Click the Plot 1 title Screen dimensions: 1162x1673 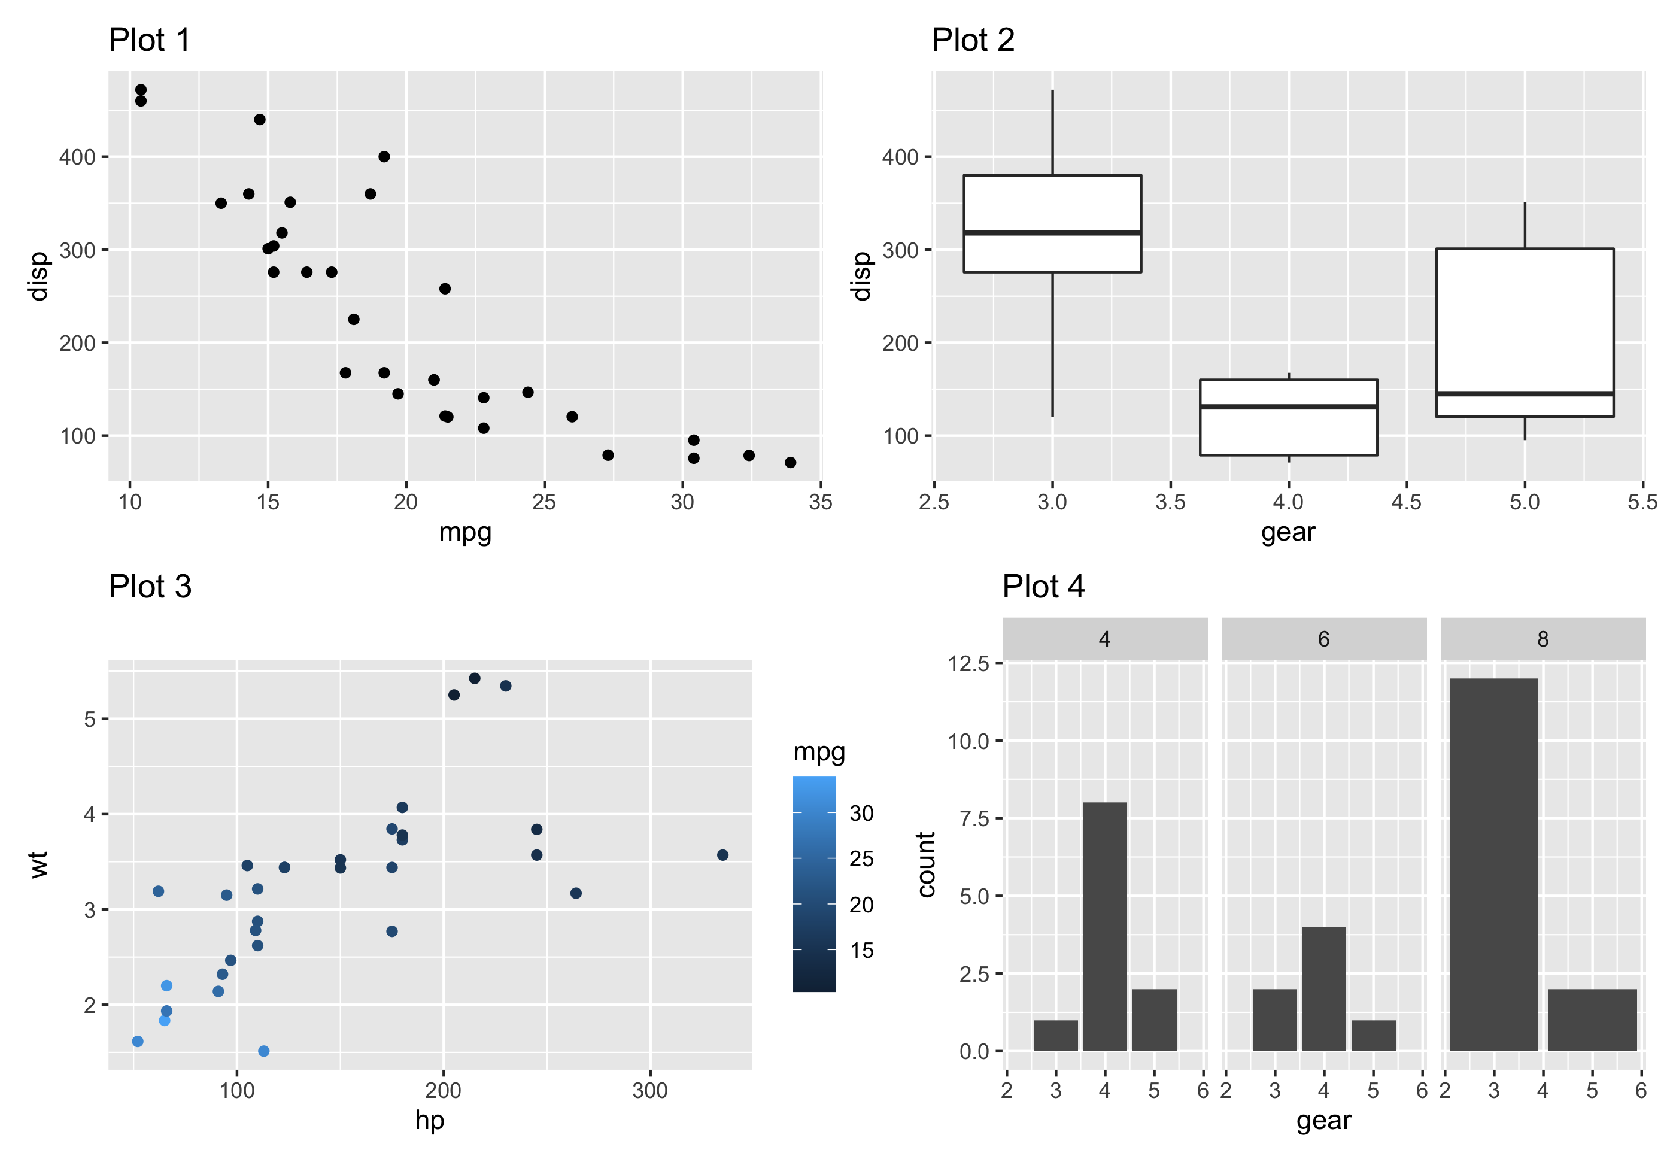pyautogui.click(x=149, y=40)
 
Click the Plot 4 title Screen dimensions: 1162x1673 pyautogui.click(x=1043, y=586)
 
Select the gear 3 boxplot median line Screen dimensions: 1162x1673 pyautogui.click(x=1052, y=232)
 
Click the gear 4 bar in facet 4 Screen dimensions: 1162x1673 pyautogui.click(x=1104, y=926)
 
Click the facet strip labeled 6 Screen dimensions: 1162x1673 pyautogui.click(x=1323, y=639)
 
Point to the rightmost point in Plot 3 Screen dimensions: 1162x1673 pyautogui.click(x=722, y=855)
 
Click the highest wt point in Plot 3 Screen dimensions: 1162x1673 pyautogui.click(x=474, y=678)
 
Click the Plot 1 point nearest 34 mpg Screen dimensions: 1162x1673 pyautogui.click(x=790, y=462)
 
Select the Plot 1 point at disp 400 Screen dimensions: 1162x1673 pyautogui.click(x=384, y=156)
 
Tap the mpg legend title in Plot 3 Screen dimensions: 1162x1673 pyautogui.click(x=818, y=751)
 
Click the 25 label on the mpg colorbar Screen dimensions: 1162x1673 pyautogui.click(x=861, y=859)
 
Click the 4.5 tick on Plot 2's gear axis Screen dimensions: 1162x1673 pyautogui.click(x=1406, y=502)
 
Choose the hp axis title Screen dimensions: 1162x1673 pyautogui.click(x=429, y=1119)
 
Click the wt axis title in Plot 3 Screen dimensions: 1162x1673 pyautogui.click(x=40, y=864)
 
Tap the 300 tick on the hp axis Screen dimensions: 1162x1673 pyautogui.click(x=649, y=1090)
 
